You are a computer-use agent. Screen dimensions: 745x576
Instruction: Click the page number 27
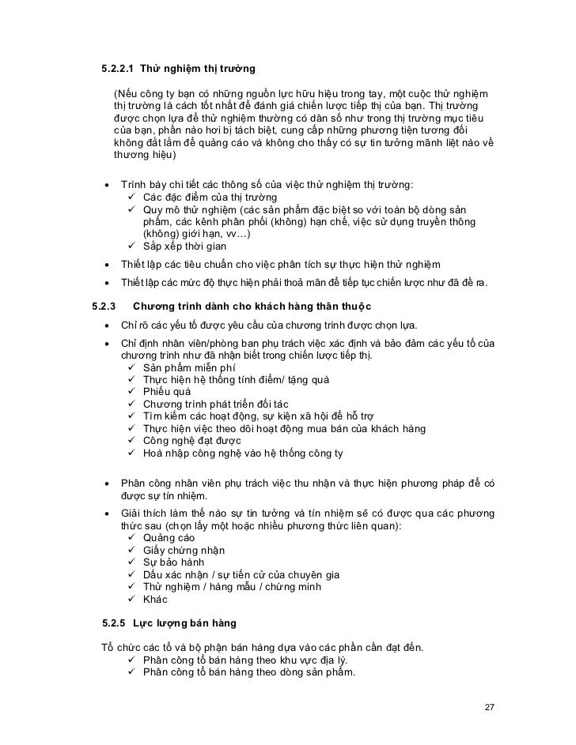point(490,705)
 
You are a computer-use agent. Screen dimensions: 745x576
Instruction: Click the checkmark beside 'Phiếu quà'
point(131,392)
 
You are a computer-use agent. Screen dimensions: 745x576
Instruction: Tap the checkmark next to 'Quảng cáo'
point(131,538)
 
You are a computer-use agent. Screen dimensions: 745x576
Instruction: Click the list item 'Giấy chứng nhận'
point(184,551)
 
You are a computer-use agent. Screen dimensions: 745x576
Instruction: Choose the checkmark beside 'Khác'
point(131,599)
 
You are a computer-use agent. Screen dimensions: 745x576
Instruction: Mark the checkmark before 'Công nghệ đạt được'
point(131,440)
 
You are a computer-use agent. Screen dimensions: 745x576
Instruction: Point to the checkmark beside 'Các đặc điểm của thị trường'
point(131,197)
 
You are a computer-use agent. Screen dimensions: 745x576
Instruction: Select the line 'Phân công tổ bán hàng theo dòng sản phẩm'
point(249,673)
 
